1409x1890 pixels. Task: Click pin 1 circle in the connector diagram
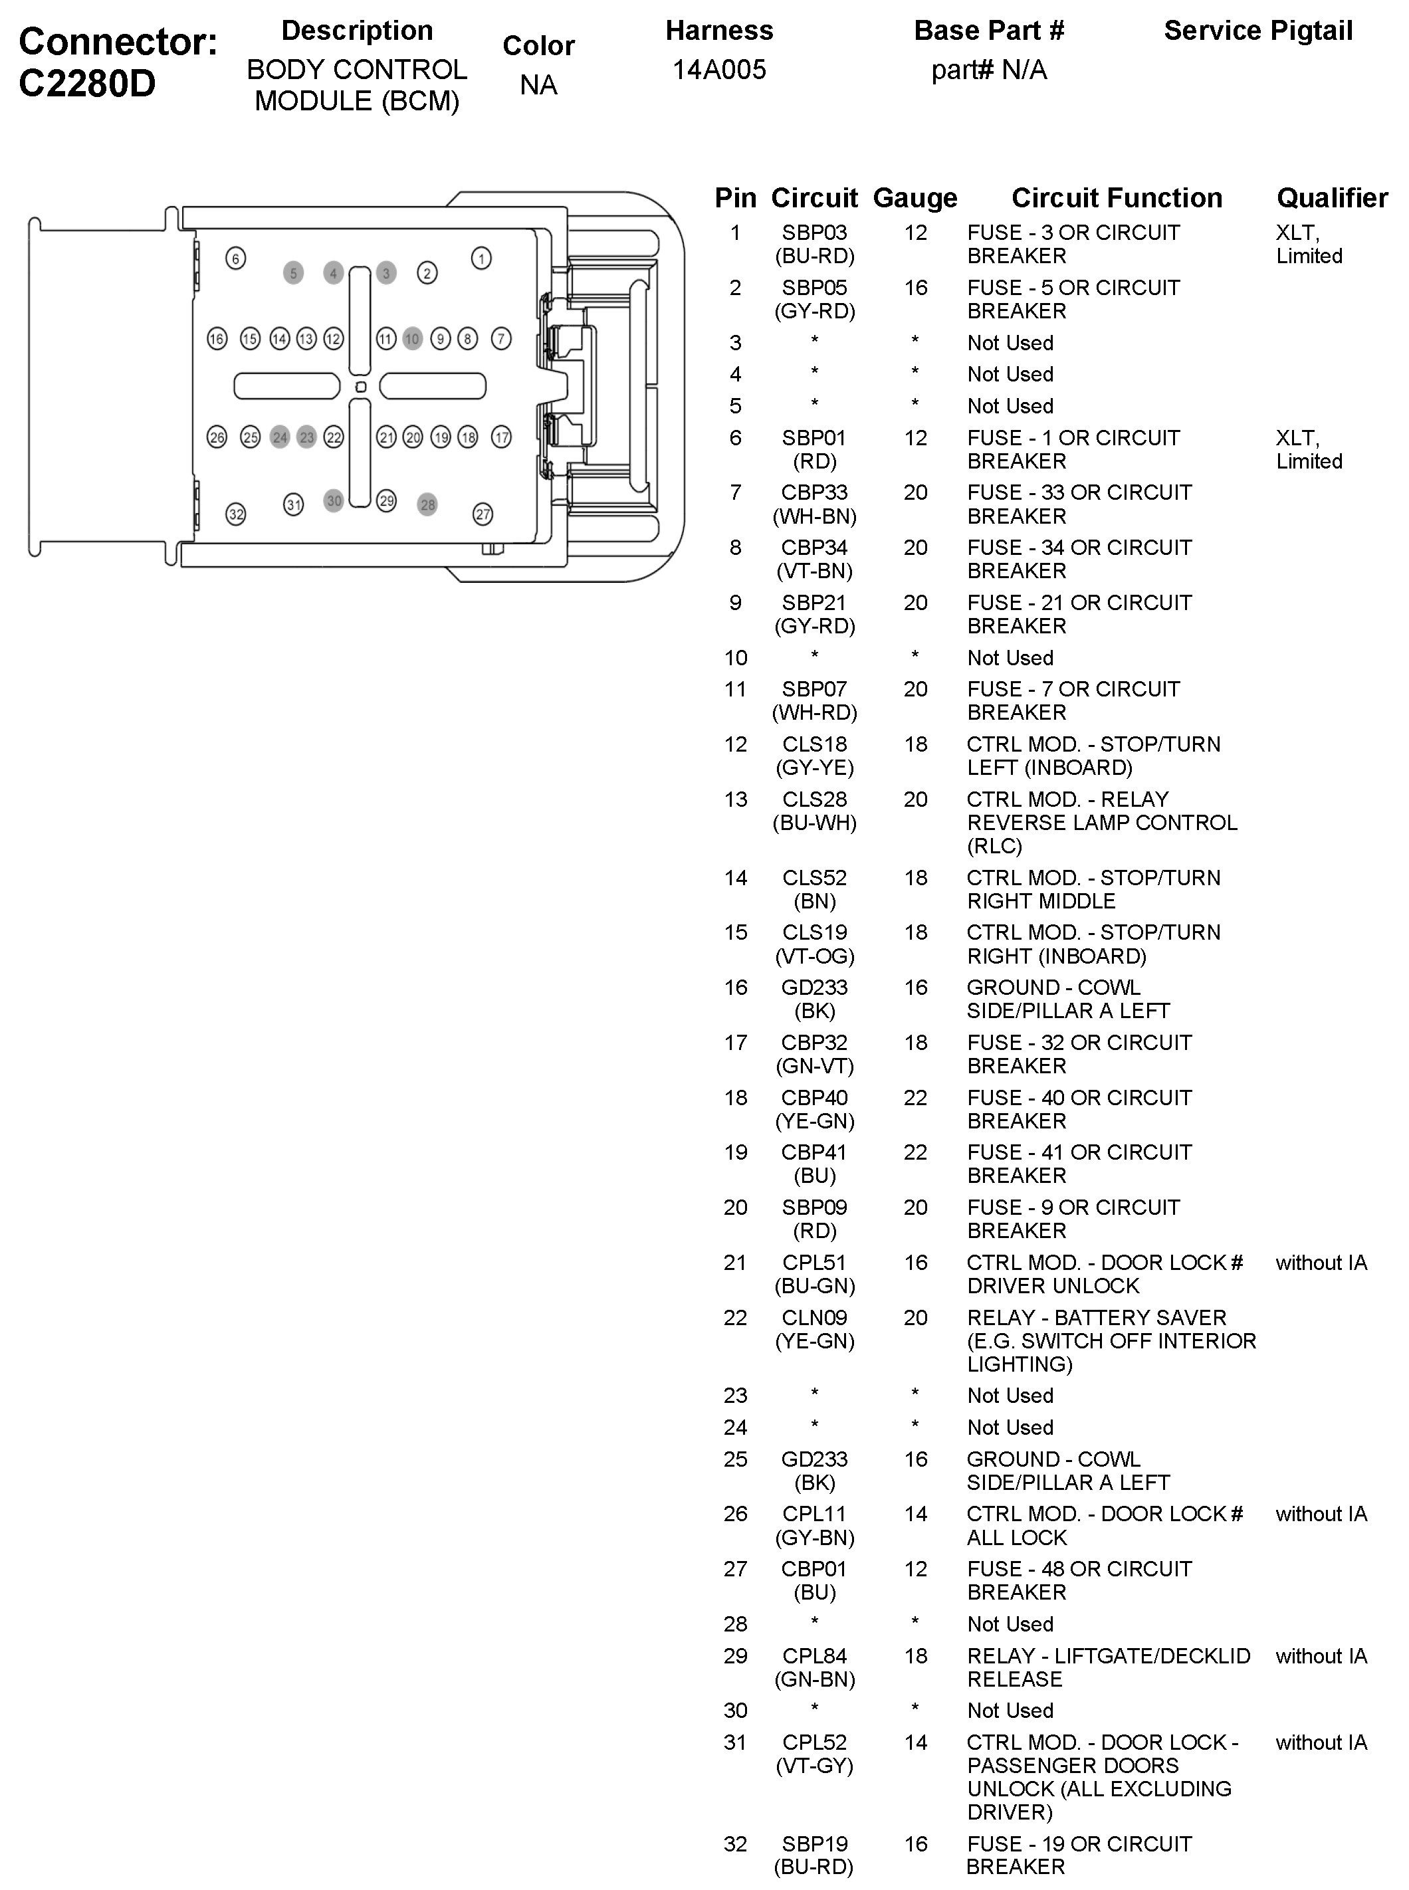481,259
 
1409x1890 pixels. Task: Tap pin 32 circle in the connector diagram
236,514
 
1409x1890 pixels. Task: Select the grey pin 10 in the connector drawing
413,339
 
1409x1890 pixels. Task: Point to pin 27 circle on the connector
483,514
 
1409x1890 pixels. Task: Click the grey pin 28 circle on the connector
427,504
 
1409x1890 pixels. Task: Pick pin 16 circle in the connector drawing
217,339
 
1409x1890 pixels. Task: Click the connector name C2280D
87,84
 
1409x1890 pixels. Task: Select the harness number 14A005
719,70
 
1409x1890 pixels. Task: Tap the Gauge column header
915,198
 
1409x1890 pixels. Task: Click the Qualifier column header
1331,198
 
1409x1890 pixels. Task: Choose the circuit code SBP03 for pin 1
815,232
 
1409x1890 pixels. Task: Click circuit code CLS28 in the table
815,799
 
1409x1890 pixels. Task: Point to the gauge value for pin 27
915,1569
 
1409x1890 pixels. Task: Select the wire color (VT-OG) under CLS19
815,956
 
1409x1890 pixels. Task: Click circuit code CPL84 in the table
815,1656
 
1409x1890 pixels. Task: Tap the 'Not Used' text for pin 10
1010,657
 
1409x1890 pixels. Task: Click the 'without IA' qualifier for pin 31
1321,1742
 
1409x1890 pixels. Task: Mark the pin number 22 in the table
735,1318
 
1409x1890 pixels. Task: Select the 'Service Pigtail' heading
1258,31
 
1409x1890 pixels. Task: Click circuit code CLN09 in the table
815,1318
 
